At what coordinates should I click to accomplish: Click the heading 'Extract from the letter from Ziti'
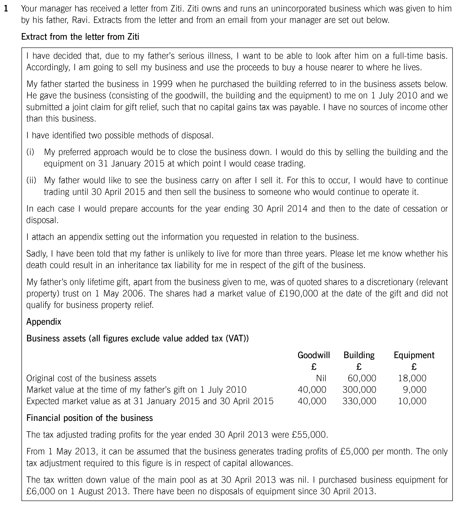[x=80, y=37]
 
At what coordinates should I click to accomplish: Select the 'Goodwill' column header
[x=314, y=355]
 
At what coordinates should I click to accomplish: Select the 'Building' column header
[x=359, y=355]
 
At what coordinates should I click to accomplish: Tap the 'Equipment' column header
[x=414, y=355]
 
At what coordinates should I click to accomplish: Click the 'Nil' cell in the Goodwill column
[x=321, y=378]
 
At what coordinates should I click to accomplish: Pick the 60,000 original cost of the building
[x=362, y=378]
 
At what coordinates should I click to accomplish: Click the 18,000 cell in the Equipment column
[x=412, y=378]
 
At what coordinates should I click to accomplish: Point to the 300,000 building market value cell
[x=359, y=390]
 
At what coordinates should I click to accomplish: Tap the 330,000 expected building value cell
[x=359, y=401]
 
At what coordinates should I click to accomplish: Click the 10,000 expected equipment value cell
[x=412, y=401]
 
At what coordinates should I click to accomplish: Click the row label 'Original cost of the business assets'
[x=91, y=378]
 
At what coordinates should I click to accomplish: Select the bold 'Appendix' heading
[x=44, y=322]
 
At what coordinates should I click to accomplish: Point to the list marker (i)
[x=30, y=152]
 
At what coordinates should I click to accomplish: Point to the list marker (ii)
[x=31, y=180]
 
